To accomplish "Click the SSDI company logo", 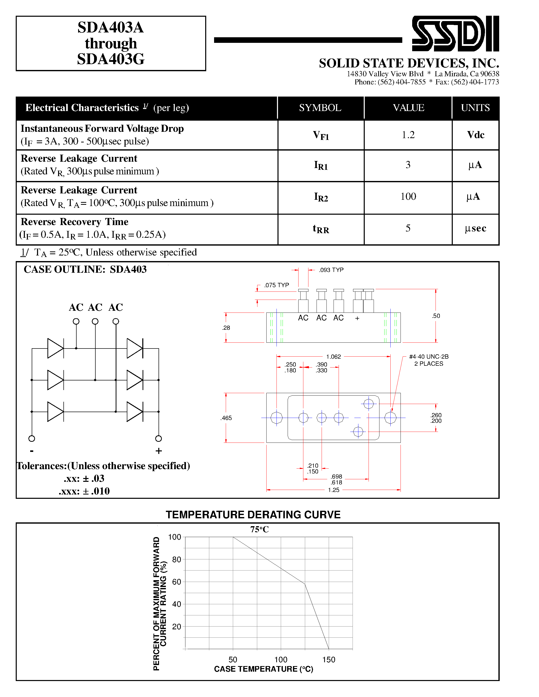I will coord(455,33).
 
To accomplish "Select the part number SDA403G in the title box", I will coord(111,59).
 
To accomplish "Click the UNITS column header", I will coord(475,108).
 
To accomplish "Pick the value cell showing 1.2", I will coord(408,135).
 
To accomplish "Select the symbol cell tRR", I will coord(321,229).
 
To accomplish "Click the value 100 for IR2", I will coord(408,196).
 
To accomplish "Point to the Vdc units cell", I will coord(475,135).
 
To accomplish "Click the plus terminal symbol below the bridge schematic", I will coord(159,451).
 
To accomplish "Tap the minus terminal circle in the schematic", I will coord(32,438).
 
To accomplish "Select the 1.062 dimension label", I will coord(333,356).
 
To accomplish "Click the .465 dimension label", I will coord(226,418).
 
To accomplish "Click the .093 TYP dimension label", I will coord(331,270).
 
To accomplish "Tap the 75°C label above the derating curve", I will coord(259,529).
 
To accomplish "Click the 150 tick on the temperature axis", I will coord(328,660).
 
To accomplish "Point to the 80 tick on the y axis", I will coord(177,559).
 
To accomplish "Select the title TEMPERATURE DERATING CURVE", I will coord(253,515).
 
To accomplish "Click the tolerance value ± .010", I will coord(96,491).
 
